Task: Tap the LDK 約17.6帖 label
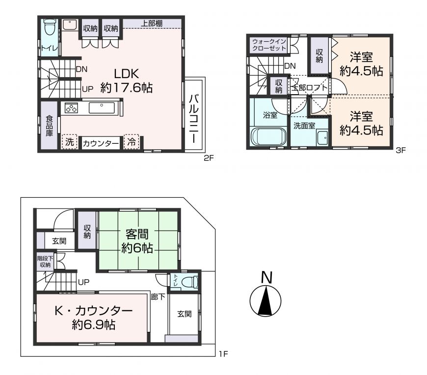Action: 126,80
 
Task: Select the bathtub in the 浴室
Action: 268,137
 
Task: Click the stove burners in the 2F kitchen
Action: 71,108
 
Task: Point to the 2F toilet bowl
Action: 50,27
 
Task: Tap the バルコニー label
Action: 194,118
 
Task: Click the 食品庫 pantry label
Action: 49,126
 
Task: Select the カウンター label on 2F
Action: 101,143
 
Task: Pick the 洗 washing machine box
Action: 69,142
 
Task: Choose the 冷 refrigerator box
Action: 132,142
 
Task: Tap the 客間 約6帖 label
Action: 137,241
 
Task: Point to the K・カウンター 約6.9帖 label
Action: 94,318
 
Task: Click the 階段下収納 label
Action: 45,262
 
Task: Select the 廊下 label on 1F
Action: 158,296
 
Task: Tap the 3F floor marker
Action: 400,150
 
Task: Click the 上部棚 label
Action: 151,24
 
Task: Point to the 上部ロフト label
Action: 309,88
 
